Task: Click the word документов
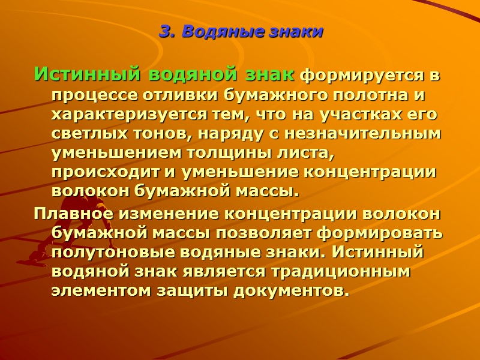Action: (x=295, y=290)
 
